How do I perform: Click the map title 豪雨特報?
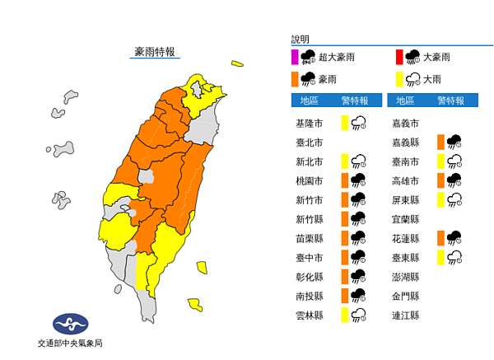point(155,51)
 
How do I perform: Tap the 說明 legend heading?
point(300,40)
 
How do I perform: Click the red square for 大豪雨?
point(398,57)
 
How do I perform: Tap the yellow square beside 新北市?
point(345,161)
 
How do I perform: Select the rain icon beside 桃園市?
point(359,180)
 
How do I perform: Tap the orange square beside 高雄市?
point(441,180)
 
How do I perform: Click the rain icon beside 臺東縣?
point(453,258)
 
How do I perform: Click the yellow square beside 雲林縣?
point(345,316)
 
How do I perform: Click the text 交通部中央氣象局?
point(70,344)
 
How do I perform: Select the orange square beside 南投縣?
point(345,296)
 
